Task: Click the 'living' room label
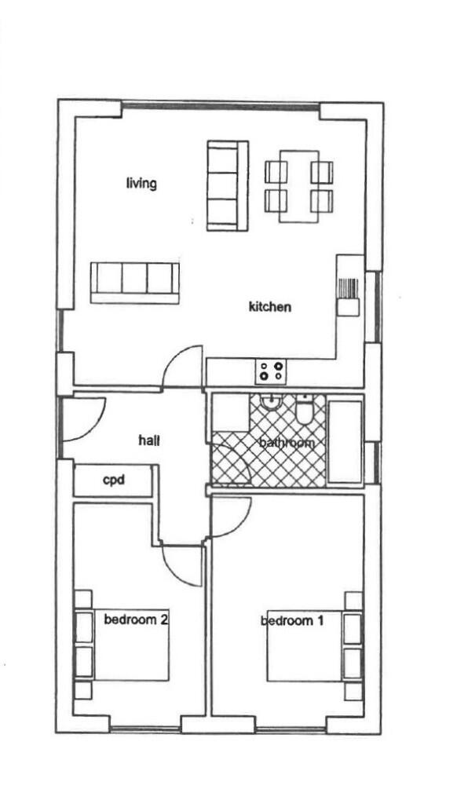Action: [x=141, y=184]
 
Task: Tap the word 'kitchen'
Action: [x=269, y=306]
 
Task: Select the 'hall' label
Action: [x=149, y=441]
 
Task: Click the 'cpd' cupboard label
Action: [x=115, y=480]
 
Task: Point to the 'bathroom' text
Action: [x=287, y=443]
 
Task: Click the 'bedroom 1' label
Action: [x=292, y=621]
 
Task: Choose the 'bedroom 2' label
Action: [x=135, y=619]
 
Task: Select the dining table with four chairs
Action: [x=299, y=186]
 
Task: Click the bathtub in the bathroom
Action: [x=345, y=441]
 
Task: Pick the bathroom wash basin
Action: [x=271, y=404]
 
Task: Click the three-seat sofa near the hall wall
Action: [x=134, y=282]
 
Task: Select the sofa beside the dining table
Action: [x=227, y=185]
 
